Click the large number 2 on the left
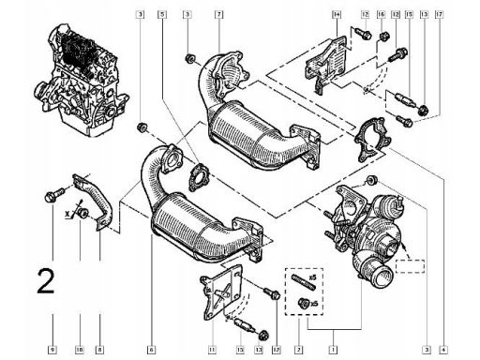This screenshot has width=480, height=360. point(45,280)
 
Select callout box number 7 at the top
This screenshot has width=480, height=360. point(217,14)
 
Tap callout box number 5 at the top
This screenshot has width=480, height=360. point(163,14)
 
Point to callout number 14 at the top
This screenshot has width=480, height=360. point(335,14)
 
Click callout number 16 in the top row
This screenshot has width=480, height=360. point(382,14)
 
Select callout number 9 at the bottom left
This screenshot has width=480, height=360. point(53,349)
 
